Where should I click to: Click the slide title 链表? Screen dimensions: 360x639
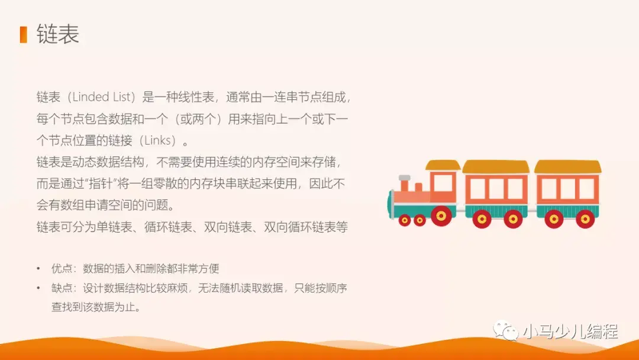pos(57,34)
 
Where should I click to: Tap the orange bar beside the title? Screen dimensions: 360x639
pos(23,34)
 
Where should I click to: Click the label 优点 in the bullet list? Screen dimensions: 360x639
pos(62,268)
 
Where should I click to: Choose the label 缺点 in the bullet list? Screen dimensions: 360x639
pos(62,288)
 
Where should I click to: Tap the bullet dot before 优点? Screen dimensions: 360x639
pos(38,268)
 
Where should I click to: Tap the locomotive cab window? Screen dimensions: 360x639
pos(442,183)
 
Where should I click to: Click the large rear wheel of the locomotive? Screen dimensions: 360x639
pos(441,216)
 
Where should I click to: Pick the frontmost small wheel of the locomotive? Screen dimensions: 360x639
pos(405,220)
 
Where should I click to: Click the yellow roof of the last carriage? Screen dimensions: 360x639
pos(567,166)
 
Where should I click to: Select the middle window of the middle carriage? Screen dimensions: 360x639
pos(496,188)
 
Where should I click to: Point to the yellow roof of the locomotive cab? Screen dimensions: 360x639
pos(443,165)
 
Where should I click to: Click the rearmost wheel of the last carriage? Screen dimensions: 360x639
pos(585,218)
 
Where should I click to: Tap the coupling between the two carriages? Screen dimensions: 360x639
pos(532,207)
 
